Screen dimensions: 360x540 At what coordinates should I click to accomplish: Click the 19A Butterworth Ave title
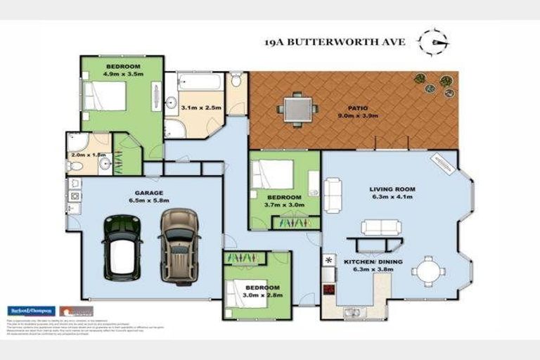[x=335, y=41]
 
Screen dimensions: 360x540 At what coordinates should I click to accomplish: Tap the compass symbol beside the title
[x=432, y=41]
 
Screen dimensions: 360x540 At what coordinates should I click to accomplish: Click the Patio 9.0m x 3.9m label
[x=353, y=112]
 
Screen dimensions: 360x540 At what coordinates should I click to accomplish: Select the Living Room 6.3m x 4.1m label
[x=392, y=193]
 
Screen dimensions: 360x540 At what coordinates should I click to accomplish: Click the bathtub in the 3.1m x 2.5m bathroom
[x=200, y=84]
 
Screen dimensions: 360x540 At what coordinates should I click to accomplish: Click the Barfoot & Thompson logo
[x=30, y=311]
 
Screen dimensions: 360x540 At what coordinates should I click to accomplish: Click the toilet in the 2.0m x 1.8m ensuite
[x=75, y=166]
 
